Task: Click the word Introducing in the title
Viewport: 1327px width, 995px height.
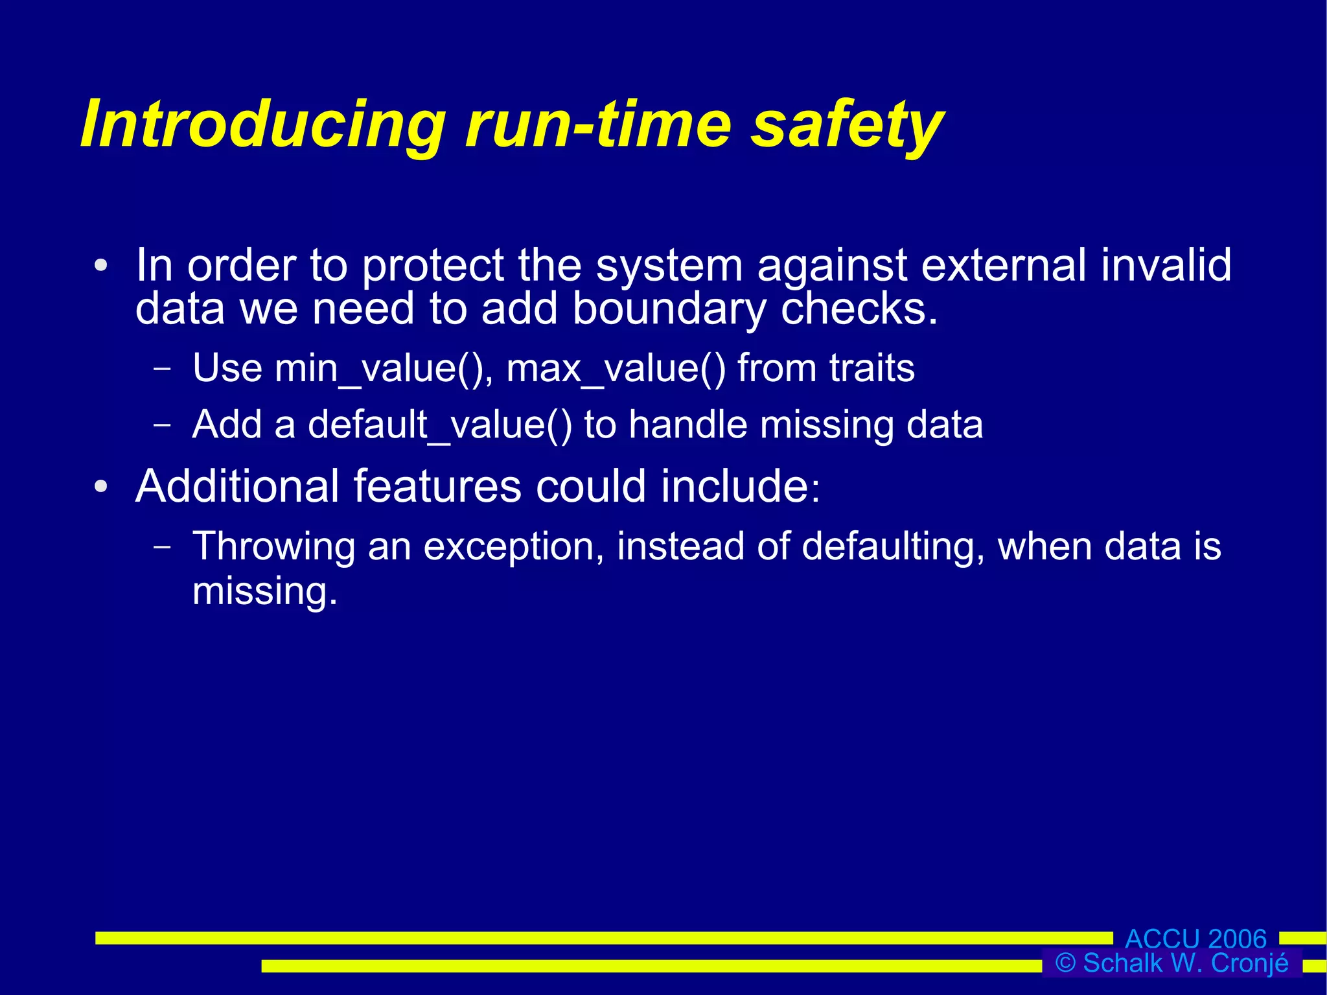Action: (262, 124)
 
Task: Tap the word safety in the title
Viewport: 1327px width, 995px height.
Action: (847, 124)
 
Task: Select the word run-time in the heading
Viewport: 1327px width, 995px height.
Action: (598, 124)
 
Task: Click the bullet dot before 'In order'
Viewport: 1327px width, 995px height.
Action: (100, 266)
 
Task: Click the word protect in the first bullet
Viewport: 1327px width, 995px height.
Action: (433, 266)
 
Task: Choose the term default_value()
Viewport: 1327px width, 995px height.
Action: (440, 425)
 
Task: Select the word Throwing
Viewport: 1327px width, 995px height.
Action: (273, 546)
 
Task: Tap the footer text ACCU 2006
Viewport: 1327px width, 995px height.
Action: (1195, 939)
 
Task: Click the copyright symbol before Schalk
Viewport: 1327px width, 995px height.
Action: (1065, 963)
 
